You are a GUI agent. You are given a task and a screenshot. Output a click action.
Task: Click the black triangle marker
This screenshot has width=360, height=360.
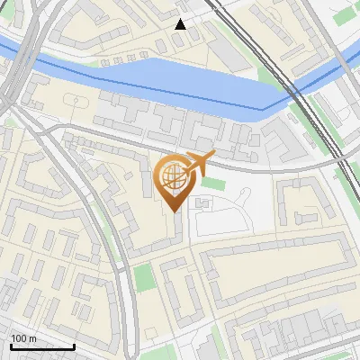point(181,24)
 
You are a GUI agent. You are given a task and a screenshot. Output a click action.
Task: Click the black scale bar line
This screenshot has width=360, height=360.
point(42,346)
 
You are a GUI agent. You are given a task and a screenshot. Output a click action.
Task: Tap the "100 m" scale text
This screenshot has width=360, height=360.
point(24,338)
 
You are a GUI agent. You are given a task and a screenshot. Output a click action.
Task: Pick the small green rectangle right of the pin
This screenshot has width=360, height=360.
point(212,184)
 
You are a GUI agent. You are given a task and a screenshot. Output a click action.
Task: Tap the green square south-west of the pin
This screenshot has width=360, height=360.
point(145,277)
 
